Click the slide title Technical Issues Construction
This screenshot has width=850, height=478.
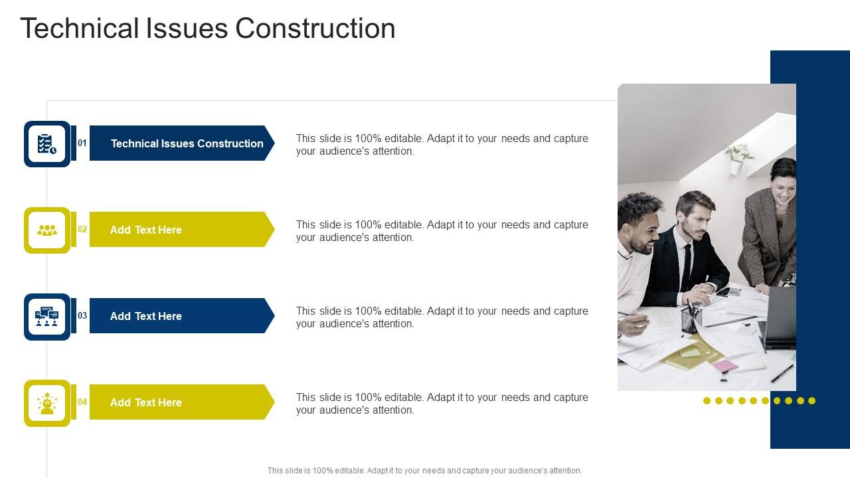pyautogui.click(x=208, y=29)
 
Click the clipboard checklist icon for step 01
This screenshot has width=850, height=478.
pyautogui.click(x=47, y=144)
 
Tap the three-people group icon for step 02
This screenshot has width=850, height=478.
pyautogui.click(x=47, y=230)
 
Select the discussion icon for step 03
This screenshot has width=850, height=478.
pyautogui.click(x=47, y=317)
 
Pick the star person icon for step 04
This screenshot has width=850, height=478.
pyautogui.click(x=47, y=403)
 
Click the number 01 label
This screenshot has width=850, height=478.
pyautogui.click(x=82, y=143)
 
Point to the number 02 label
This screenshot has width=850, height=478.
pyautogui.click(x=82, y=230)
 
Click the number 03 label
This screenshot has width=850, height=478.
pyautogui.click(x=82, y=316)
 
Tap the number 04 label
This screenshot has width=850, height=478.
pyautogui.click(x=82, y=402)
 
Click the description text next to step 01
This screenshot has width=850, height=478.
pyautogui.click(x=442, y=145)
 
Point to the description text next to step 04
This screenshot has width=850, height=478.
pyautogui.click(x=442, y=404)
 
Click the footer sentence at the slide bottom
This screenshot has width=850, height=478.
pyautogui.click(x=424, y=471)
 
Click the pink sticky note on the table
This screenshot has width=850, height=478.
pyautogui.click(x=724, y=366)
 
